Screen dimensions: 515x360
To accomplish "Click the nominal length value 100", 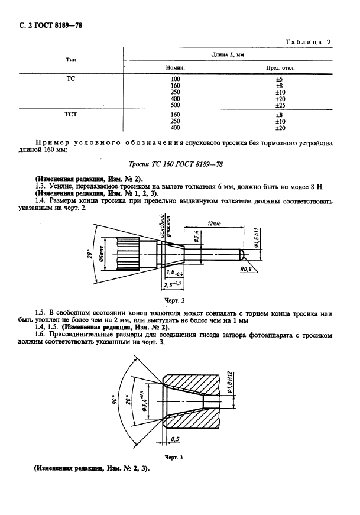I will click(x=175, y=79).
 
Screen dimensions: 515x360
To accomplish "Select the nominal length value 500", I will click(x=175, y=105).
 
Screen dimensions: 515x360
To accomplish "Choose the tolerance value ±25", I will click(x=280, y=105).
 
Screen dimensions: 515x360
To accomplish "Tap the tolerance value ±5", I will click(x=280, y=79).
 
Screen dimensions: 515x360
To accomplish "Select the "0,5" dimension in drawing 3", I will click(x=175, y=439).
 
